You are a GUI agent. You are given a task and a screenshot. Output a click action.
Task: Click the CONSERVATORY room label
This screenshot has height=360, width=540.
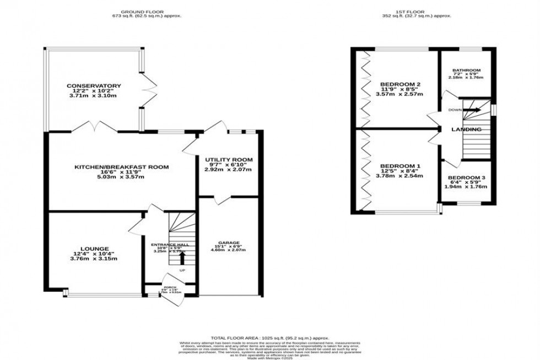point(94,86)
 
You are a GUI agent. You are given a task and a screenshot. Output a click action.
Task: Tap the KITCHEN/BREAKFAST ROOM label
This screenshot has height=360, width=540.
point(122,166)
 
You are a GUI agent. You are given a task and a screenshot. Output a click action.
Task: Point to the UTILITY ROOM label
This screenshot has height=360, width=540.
point(229,160)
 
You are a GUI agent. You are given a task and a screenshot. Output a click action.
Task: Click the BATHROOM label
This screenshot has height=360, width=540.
point(466,71)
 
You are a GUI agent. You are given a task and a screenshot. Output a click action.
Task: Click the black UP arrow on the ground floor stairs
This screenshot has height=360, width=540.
point(182,257)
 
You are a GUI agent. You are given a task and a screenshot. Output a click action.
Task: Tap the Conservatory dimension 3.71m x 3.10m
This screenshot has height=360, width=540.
point(94,96)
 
